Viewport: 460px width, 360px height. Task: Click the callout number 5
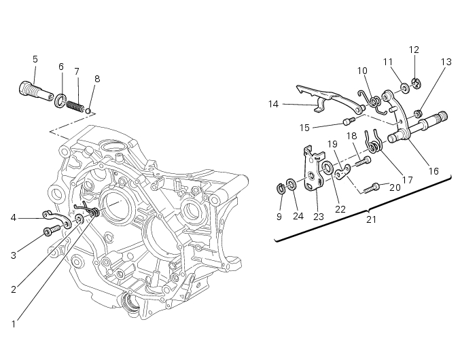pos(35,59)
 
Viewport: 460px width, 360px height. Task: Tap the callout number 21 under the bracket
pos(371,219)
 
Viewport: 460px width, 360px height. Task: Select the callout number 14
pos(274,104)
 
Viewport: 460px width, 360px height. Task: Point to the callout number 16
pos(433,171)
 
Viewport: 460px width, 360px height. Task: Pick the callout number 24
pos(298,217)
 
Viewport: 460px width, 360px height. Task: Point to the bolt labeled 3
pos(48,232)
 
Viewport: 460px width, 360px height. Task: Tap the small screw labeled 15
pos(349,122)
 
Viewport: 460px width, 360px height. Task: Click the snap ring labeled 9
pos(281,187)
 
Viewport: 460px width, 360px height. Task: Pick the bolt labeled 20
pos(372,185)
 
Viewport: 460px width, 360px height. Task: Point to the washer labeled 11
pos(404,87)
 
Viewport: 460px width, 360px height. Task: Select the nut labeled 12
pos(416,84)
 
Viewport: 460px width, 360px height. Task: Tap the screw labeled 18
pos(364,160)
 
